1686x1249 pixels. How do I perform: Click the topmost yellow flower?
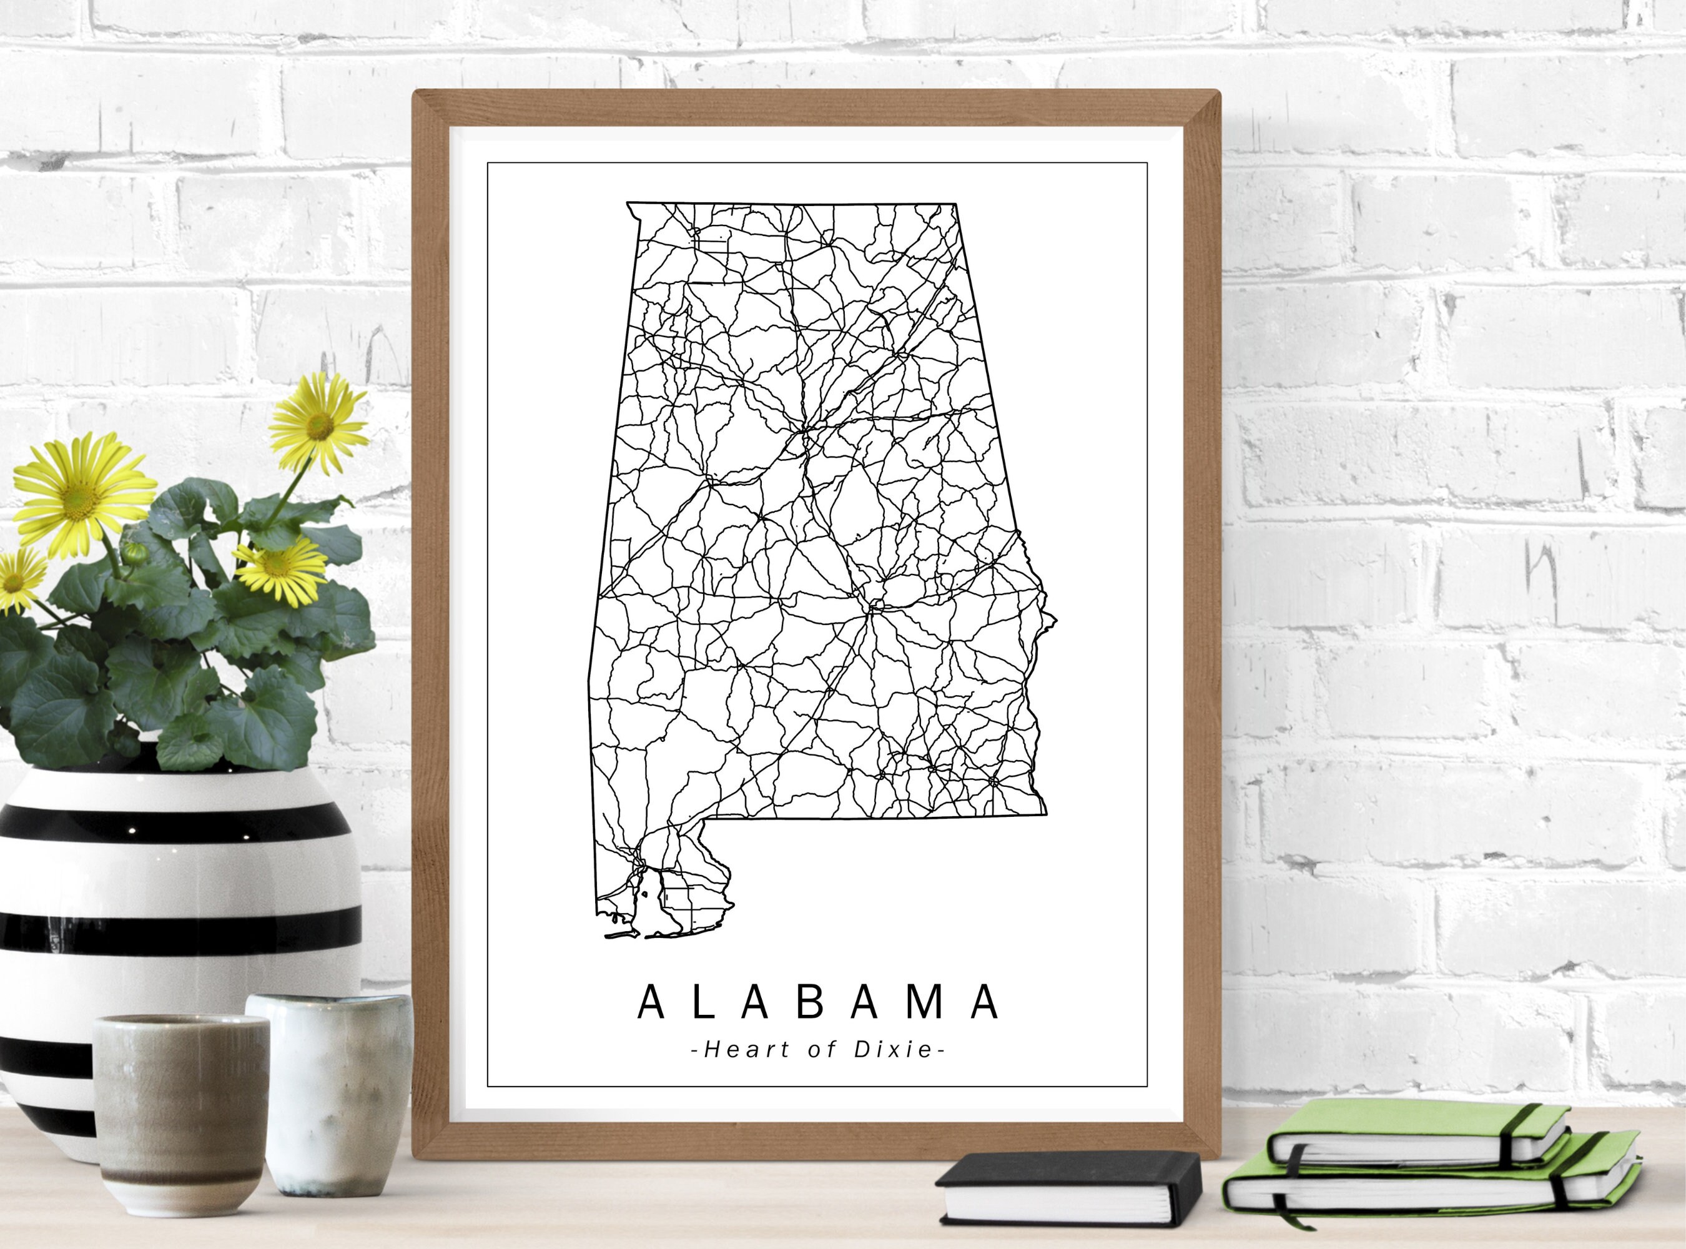[x=318, y=424]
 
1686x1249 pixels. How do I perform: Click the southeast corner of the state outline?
[x=1045, y=814]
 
